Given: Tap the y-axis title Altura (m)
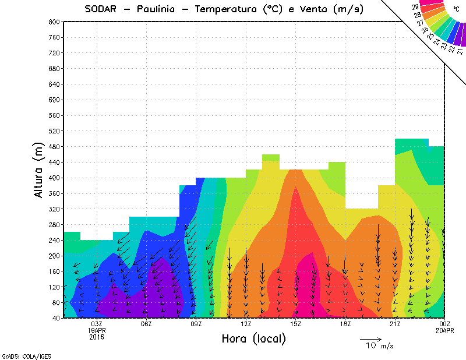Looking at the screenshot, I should [39, 170].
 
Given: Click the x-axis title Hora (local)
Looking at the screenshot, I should [254, 339].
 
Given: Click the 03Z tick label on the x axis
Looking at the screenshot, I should [97, 324].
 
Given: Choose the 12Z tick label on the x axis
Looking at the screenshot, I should [246, 324].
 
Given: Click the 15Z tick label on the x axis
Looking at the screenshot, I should [296, 324].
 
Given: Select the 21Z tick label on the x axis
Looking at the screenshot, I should [395, 324].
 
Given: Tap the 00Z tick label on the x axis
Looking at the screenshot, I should [445, 324].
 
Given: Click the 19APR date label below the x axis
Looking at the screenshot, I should [97, 330].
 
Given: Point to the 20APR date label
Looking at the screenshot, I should [445, 330].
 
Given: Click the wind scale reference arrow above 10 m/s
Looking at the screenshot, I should [370, 338].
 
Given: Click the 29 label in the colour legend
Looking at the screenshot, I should [416, 7].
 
